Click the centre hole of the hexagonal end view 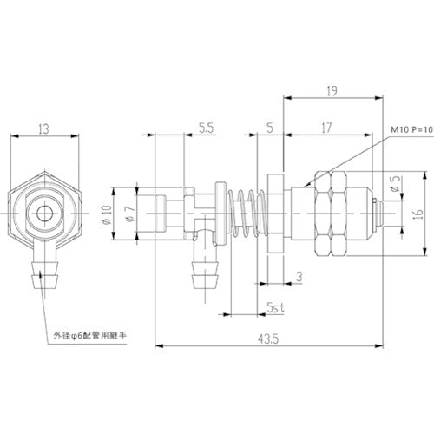click(43, 210)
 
